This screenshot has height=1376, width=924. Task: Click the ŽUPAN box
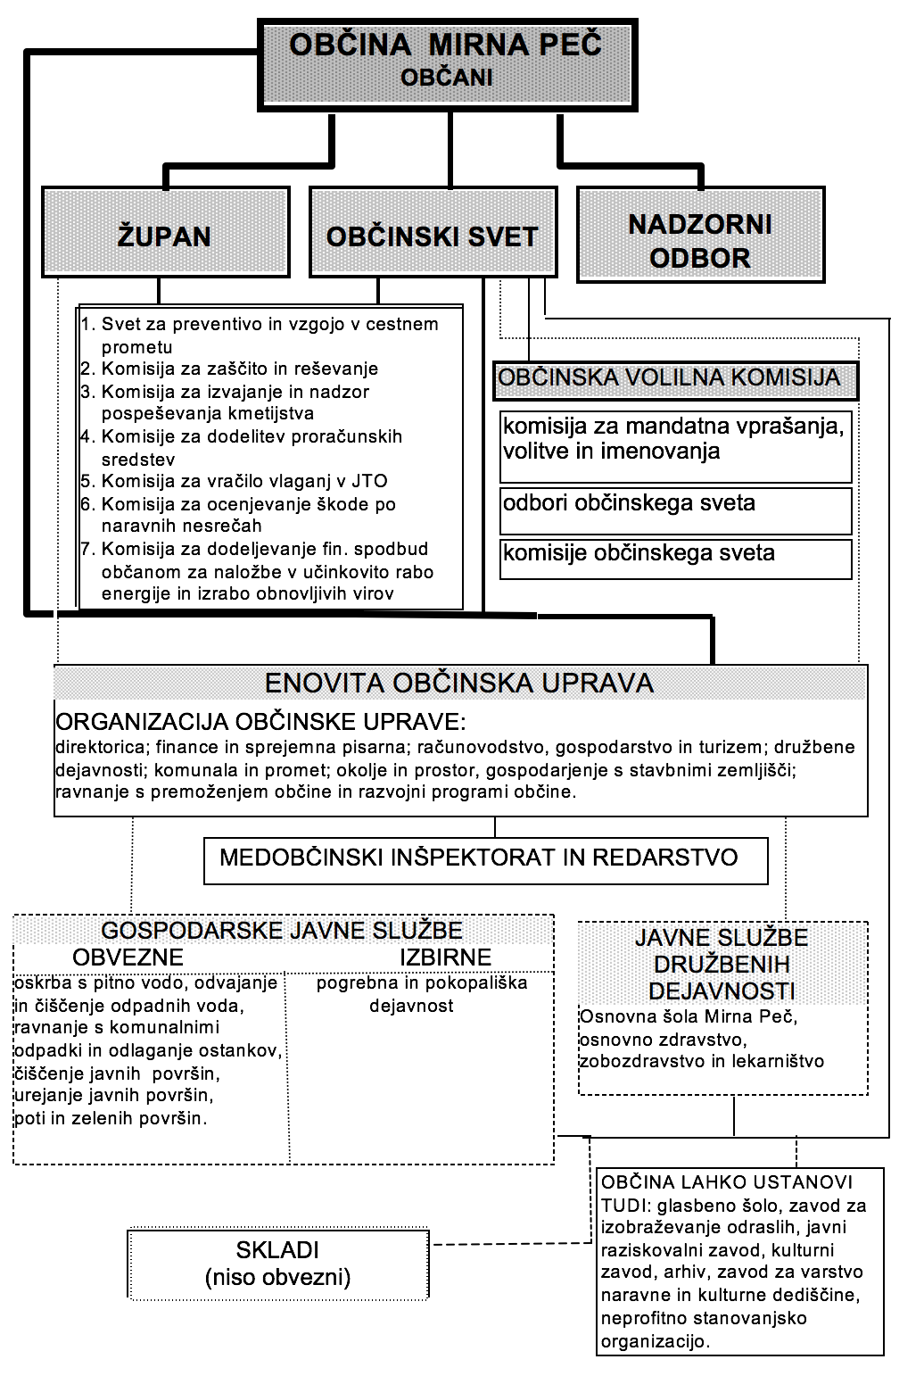click(165, 233)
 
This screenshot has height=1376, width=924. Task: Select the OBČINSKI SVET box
click(433, 233)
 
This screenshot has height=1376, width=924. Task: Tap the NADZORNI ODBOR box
click(700, 238)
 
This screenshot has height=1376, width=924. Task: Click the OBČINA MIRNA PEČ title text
click(446, 45)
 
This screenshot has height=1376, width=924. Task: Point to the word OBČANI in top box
click(446, 78)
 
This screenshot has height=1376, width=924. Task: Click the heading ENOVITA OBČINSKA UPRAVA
click(459, 684)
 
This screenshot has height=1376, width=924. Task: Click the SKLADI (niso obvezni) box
click(278, 1264)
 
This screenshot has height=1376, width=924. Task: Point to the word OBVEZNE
click(128, 957)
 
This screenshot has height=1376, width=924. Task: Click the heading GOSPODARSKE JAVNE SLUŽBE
click(282, 931)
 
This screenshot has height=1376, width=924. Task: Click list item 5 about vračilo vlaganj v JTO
click(243, 482)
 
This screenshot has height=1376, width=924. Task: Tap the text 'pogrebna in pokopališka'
click(422, 983)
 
